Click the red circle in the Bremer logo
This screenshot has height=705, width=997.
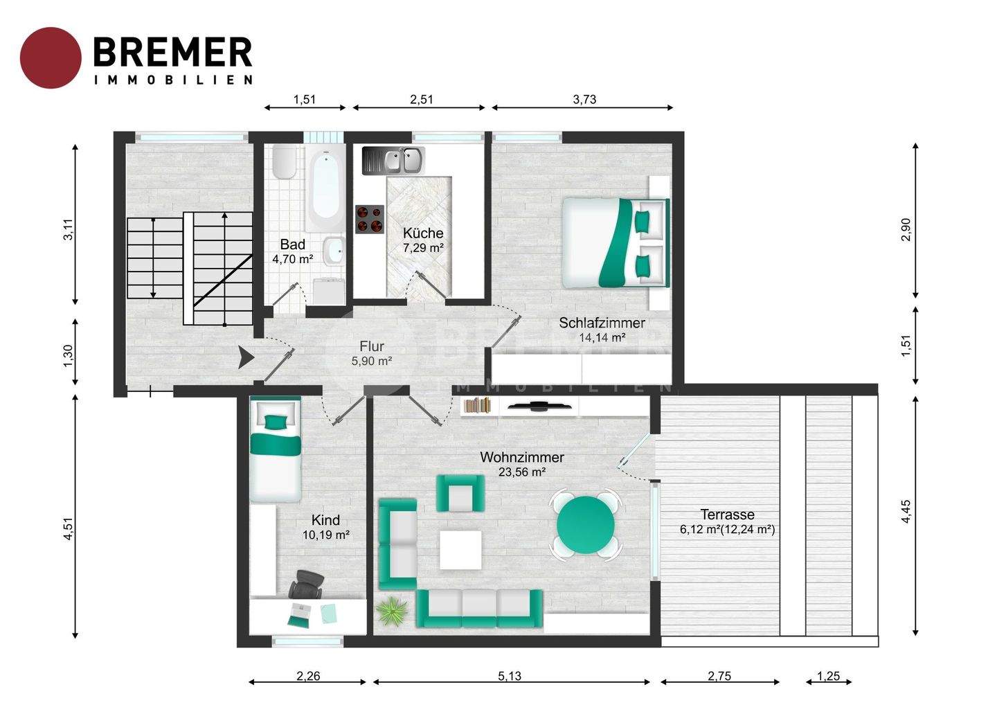pyautogui.click(x=51, y=58)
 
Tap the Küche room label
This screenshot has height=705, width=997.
pyautogui.click(x=423, y=233)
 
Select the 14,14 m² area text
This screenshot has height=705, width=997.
pyautogui.click(x=602, y=337)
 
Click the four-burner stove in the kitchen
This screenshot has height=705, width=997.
pyautogui.click(x=370, y=219)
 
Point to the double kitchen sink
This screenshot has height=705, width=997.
pyautogui.click(x=393, y=161)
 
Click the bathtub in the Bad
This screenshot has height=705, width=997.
pyautogui.click(x=326, y=188)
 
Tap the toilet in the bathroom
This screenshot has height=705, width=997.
pyautogui.click(x=285, y=162)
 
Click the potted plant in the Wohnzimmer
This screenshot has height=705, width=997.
pyautogui.click(x=391, y=611)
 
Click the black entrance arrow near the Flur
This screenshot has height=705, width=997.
pyautogui.click(x=245, y=357)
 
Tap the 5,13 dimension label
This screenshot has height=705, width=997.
pyautogui.click(x=510, y=676)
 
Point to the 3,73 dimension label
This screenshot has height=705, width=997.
pyautogui.click(x=584, y=99)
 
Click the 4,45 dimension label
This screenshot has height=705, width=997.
pyautogui.click(x=906, y=511)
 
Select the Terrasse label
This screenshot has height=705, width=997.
pyautogui.click(x=727, y=515)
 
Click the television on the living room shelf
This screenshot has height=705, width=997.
pyautogui.click(x=539, y=405)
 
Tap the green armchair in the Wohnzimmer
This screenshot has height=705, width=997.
pyautogui.click(x=460, y=493)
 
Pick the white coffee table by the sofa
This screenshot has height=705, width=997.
pyautogui.click(x=460, y=550)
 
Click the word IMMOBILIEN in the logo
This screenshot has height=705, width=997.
pyautogui.click(x=174, y=80)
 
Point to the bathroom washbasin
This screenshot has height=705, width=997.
pyautogui.click(x=334, y=251)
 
